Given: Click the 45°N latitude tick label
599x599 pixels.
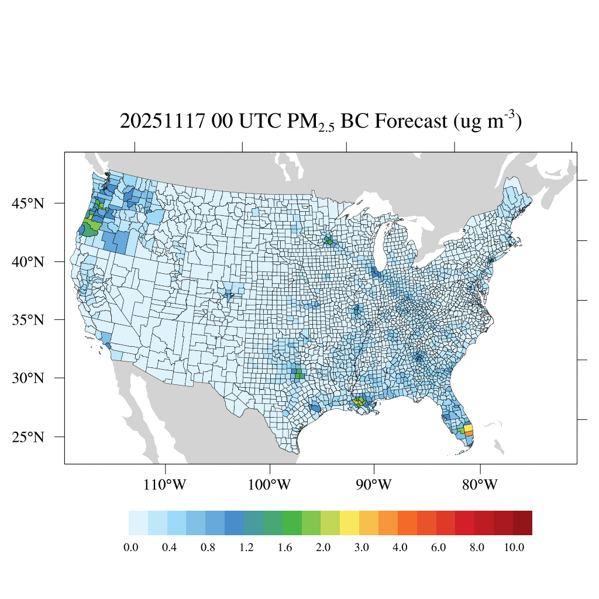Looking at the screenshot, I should [x=29, y=204].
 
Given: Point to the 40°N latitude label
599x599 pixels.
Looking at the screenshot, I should [x=29, y=261].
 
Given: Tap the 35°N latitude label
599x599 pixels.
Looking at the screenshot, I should [x=29, y=320].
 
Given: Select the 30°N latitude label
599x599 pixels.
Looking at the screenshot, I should [x=29, y=378].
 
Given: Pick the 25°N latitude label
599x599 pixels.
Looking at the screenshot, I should [x=29, y=437].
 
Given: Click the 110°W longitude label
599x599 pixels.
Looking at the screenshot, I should [x=167, y=485].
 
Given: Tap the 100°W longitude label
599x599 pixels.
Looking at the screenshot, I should [x=270, y=485].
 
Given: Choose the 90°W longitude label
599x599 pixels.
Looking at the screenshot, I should [x=374, y=485].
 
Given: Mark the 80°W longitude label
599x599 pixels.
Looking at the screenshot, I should [x=480, y=485].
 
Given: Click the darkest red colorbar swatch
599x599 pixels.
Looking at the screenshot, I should [x=522, y=523].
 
